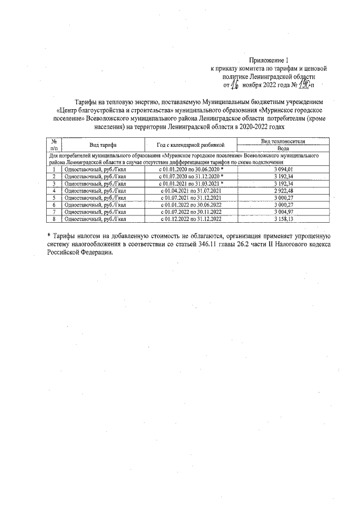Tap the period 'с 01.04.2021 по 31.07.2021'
coord(190,190)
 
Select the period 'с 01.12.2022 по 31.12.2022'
coord(190,219)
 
